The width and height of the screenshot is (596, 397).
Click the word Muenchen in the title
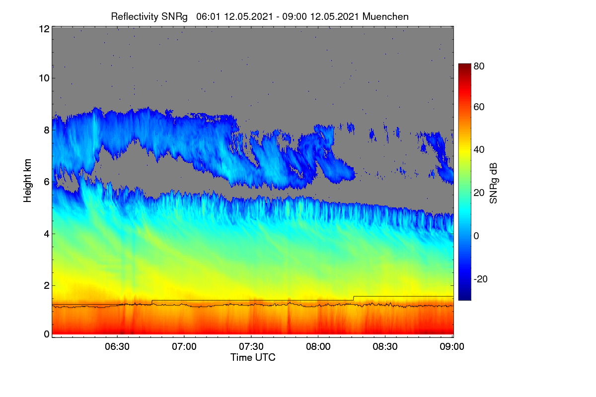click(385, 17)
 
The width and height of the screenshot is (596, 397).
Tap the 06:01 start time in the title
click(208, 17)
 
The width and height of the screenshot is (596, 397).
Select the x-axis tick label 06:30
click(117, 346)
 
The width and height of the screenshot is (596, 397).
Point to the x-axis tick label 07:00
click(184, 346)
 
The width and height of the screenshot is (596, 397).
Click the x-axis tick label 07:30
click(251, 346)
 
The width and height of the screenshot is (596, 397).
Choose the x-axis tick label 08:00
click(318, 346)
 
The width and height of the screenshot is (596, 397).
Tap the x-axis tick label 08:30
click(385, 346)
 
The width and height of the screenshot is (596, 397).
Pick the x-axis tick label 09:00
click(452, 346)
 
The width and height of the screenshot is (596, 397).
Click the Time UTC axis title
click(253, 357)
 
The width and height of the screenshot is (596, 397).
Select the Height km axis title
click(27, 181)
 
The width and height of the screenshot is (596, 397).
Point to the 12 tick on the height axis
click(44, 29)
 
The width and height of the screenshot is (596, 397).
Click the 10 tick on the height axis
click(44, 78)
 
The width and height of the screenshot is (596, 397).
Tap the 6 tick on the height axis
click(47, 182)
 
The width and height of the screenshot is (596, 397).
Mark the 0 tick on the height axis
click(47, 334)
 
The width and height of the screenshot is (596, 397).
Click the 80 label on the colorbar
click(479, 66)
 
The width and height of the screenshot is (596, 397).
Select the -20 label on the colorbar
click(481, 279)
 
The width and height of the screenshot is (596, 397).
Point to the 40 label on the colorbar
click(479, 150)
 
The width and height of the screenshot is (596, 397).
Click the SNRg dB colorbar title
click(493, 183)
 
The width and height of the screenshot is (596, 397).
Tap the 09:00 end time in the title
click(294, 17)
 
